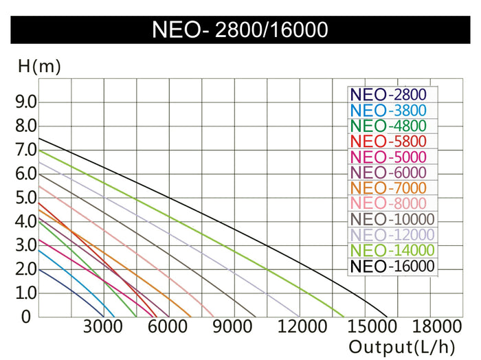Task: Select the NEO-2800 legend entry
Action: click(388, 95)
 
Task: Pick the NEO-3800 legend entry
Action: click(388, 111)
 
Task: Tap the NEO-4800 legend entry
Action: click(388, 126)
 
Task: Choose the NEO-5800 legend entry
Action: click(388, 142)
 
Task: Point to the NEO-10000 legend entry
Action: click(392, 219)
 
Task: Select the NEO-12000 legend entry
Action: click(392, 235)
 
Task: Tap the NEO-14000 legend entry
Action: click(392, 251)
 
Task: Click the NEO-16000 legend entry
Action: click(392, 267)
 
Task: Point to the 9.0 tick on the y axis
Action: click(25, 102)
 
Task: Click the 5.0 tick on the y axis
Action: click(25, 198)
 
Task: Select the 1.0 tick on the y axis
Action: click(25, 293)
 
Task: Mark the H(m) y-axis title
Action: click(39, 67)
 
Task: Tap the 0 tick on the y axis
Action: click(26, 317)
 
